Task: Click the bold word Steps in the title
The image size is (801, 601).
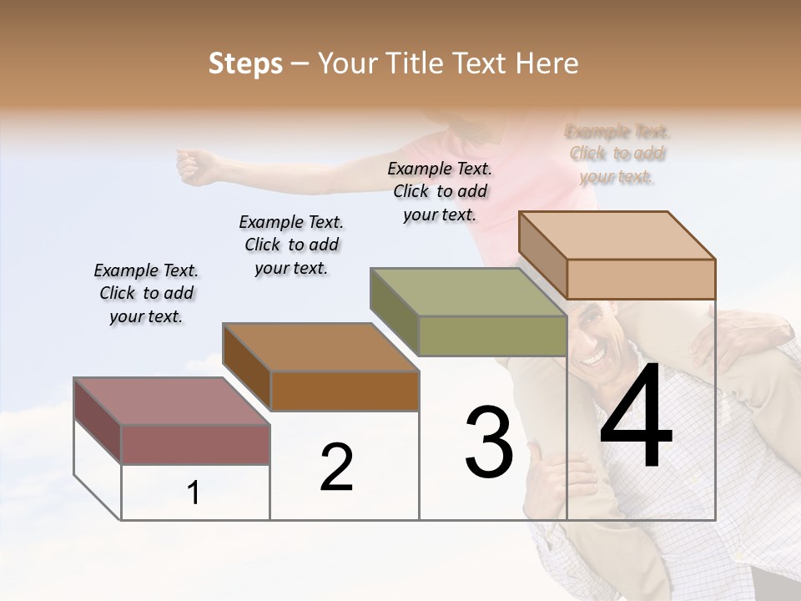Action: pyautogui.click(x=245, y=63)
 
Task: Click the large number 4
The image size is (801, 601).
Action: pyautogui.click(x=636, y=417)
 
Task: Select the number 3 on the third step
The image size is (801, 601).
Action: pyautogui.click(x=489, y=442)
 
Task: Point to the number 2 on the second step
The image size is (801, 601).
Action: pyautogui.click(x=337, y=467)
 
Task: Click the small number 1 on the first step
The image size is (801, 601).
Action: pyautogui.click(x=194, y=492)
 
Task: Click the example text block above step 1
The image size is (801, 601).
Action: pyautogui.click(x=146, y=293)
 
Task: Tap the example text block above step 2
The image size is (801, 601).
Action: pyautogui.click(x=291, y=245)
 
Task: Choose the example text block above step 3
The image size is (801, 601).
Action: pyautogui.click(x=440, y=191)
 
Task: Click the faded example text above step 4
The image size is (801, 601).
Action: pyautogui.click(x=617, y=154)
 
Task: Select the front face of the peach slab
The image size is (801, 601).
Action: pyautogui.click(x=641, y=279)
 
